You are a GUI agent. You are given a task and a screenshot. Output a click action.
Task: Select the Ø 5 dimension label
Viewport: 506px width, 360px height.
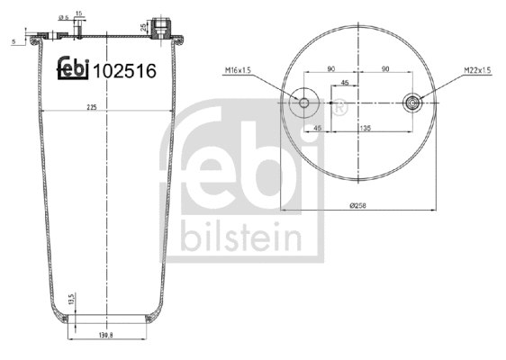click(62, 17)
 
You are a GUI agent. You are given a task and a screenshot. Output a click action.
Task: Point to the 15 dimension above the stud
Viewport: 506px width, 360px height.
click(80, 13)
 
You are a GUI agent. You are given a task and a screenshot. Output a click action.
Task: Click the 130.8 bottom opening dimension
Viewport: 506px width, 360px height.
click(106, 335)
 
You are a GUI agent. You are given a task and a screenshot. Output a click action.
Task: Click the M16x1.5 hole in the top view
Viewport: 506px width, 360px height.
click(303, 103)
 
